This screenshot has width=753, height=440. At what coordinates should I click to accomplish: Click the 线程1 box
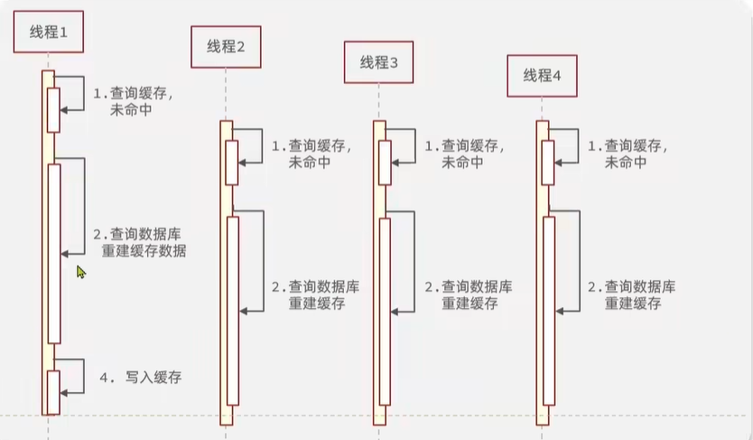(x=49, y=32)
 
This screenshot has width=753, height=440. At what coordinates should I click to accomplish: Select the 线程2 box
(x=227, y=47)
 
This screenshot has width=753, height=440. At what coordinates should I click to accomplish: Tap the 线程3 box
(x=379, y=62)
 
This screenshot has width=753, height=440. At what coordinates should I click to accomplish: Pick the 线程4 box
(x=543, y=76)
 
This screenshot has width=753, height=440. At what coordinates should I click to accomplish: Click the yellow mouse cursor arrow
(x=80, y=272)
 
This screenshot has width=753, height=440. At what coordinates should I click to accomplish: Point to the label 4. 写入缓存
(x=141, y=377)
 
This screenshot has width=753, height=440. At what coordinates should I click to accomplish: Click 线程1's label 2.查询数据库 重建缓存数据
(x=140, y=242)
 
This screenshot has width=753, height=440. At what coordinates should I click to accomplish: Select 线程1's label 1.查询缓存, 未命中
(x=133, y=101)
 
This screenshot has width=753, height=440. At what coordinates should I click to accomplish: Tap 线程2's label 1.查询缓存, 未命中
(x=311, y=154)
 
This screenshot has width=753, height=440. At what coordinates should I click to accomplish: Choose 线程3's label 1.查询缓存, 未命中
(x=464, y=154)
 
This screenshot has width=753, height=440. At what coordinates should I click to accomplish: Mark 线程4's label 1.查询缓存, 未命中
(x=627, y=154)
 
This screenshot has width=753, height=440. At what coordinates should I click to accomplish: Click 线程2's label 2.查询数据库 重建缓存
(x=315, y=295)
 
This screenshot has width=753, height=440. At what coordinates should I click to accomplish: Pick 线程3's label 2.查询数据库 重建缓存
(x=469, y=295)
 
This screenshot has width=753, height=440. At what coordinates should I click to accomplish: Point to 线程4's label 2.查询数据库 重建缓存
(x=632, y=295)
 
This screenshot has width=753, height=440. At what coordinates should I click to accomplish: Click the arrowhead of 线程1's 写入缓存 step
(x=64, y=393)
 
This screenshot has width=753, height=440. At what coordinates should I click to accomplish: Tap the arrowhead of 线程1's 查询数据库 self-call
(x=65, y=254)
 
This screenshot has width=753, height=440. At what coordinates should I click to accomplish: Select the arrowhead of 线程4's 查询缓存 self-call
(x=559, y=163)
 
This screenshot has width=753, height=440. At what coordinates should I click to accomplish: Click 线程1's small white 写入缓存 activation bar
(x=53, y=392)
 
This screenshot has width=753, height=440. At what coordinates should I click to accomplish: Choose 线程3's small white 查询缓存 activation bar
(x=385, y=163)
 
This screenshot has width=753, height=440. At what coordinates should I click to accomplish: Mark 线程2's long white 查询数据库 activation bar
(x=233, y=311)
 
